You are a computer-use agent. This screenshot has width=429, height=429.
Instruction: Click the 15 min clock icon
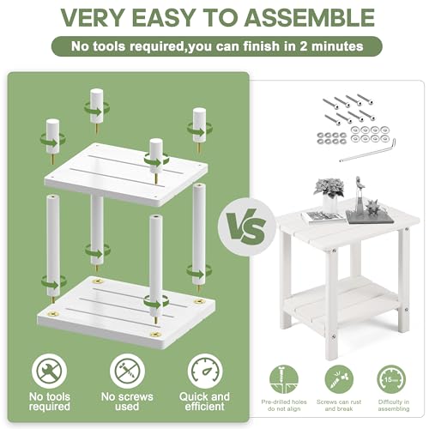pos(390,378)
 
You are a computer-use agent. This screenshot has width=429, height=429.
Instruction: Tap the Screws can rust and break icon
pos(335,378)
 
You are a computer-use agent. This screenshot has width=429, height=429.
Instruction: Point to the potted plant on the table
pos(328,190)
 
